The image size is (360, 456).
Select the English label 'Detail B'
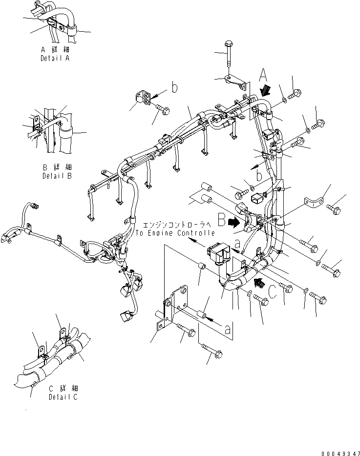coord(57,175)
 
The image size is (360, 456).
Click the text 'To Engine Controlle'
coord(175,233)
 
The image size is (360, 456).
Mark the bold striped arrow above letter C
coord(260,282)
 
